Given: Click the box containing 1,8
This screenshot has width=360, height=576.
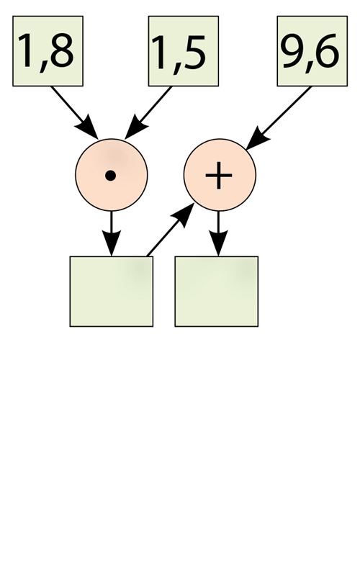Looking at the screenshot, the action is pos(48,51).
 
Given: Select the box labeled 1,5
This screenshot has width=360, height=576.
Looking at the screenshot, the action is pos(184,51).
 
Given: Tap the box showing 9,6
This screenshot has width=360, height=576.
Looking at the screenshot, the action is pos(312,51).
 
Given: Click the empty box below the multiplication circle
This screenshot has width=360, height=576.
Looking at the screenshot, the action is pos(112,292).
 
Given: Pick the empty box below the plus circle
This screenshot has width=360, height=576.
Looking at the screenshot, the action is pos(217,292).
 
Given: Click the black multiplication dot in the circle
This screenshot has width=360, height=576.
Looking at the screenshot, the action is pos(111,176).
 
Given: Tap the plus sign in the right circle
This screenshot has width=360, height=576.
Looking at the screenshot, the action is pos(219,175).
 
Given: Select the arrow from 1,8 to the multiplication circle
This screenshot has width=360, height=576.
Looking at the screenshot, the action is pos(75,113).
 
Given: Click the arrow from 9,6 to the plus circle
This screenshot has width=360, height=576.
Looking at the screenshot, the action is pos(279,118).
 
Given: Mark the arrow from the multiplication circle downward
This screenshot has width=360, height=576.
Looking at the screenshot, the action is pos(112,233).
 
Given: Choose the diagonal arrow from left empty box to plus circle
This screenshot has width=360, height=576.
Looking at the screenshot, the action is pos(171,230).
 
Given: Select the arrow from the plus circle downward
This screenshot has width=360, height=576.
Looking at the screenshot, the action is pos(218,233).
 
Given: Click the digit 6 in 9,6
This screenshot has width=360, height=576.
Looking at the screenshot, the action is pos(327,50).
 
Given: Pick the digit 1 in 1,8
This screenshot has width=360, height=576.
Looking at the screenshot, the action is pos(27,50).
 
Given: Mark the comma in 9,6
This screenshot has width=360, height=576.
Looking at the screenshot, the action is pos(309,67).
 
